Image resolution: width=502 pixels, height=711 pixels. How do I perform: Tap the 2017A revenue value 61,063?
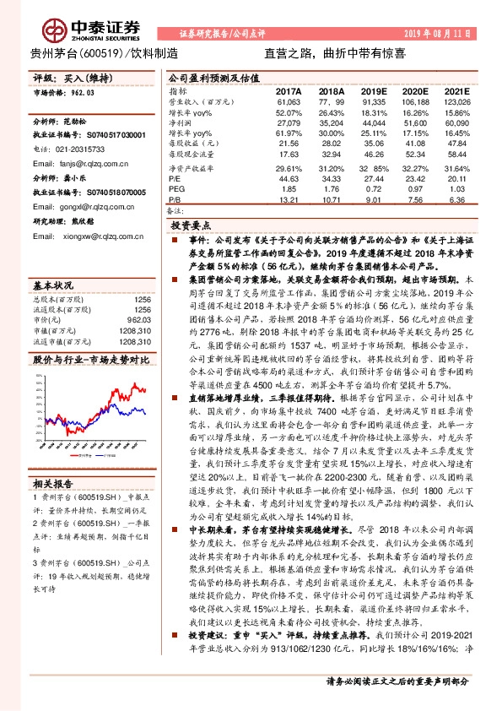tap(288, 100)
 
